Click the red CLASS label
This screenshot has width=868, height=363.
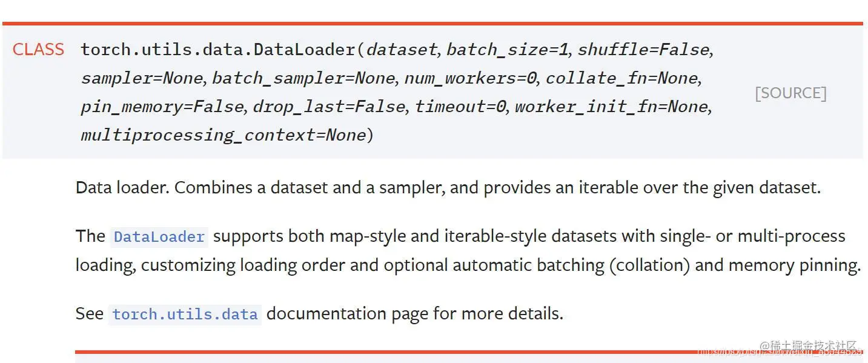click(x=38, y=50)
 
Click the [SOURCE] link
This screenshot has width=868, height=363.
click(x=790, y=93)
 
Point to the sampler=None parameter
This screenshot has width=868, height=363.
click(x=142, y=78)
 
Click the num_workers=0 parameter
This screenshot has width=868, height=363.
click(x=471, y=78)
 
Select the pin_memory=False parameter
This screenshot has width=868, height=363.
click(x=162, y=107)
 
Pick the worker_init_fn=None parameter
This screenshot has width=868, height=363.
click(x=612, y=107)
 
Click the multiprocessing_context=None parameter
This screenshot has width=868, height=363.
click(x=224, y=135)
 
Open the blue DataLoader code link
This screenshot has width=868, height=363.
click(x=159, y=236)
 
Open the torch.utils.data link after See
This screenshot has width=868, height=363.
click(x=185, y=315)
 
